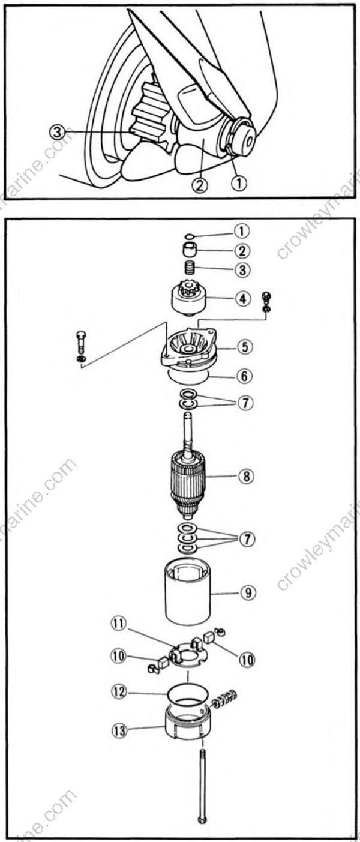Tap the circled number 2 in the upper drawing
[x=200, y=184]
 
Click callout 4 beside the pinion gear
[x=242, y=298]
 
